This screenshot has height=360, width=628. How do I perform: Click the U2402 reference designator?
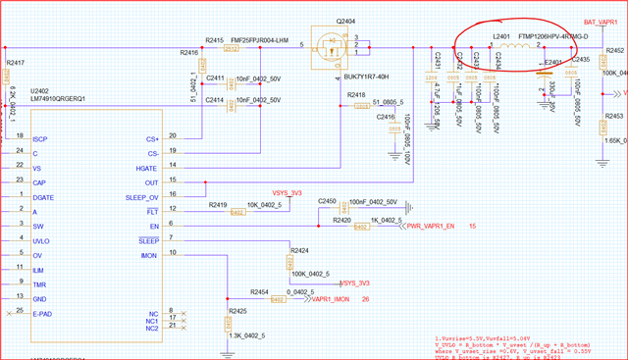click(42, 89)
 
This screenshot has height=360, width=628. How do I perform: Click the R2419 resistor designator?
click(218, 204)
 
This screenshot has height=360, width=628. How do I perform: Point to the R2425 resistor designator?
click(238, 310)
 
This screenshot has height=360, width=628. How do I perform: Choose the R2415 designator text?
click(215, 39)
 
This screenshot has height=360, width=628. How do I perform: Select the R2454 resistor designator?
click(260, 292)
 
